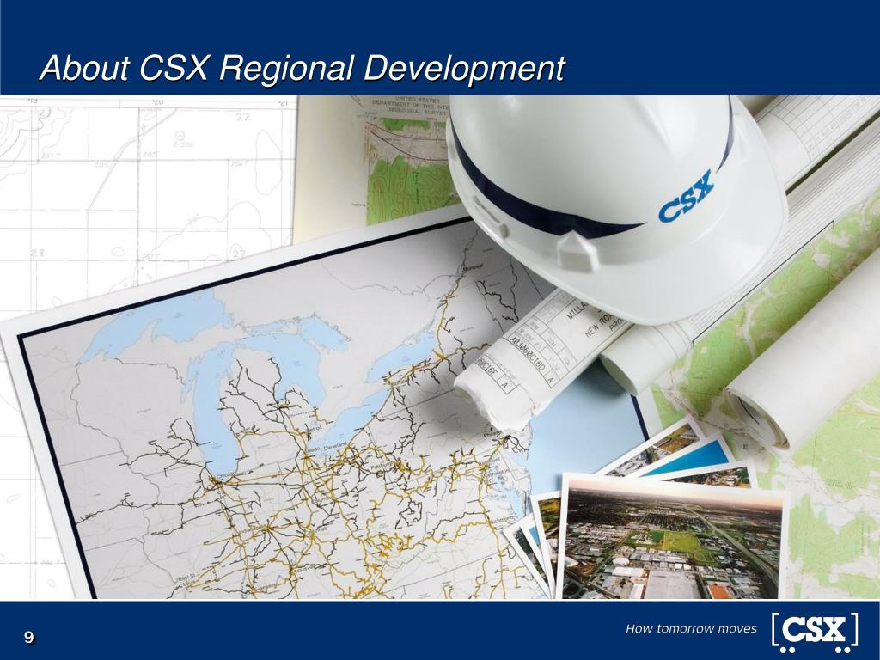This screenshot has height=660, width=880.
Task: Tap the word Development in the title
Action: pos(464,68)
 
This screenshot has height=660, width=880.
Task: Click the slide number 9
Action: pos(29,637)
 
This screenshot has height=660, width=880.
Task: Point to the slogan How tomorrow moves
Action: pos(691,629)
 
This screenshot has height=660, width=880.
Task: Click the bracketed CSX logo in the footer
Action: pos(814,631)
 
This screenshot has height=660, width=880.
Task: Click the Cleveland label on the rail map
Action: pos(336,444)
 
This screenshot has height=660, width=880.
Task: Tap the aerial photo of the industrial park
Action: pos(670,541)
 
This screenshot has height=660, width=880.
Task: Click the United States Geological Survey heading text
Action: pos(404,105)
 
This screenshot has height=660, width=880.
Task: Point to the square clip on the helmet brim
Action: pos(571,252)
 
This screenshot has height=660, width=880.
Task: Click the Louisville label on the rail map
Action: pos(301,568)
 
